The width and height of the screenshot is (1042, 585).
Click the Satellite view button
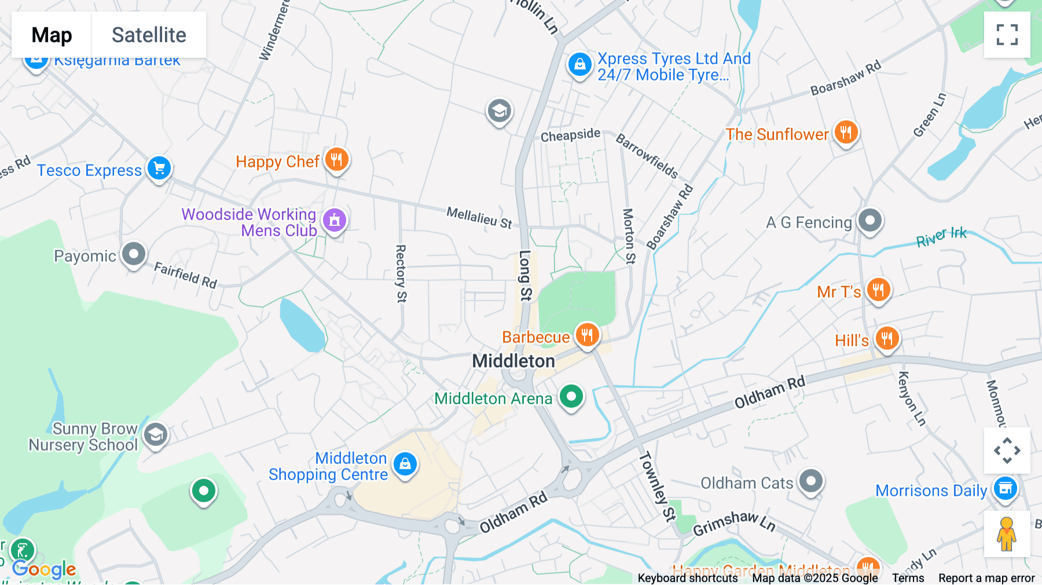(149, 35)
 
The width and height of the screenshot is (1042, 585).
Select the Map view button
(52, 35)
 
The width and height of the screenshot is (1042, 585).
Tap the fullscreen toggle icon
(1007, 35)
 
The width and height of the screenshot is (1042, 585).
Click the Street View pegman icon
(1007, 534)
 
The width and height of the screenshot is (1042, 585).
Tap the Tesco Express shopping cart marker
(159, 169)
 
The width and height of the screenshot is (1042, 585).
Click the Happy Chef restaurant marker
(336, 159)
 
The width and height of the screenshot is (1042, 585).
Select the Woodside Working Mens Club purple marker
(335, 220)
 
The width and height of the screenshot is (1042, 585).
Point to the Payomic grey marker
(134, 254)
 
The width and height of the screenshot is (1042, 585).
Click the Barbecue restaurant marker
(588, 335)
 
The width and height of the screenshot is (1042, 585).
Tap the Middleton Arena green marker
(571, 397)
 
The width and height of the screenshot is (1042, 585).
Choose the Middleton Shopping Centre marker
(405, 465)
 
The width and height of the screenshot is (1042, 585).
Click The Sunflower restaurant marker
(846, 133)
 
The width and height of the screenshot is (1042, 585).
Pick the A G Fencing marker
(869, 221)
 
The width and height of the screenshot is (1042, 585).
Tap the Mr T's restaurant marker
(878, 290)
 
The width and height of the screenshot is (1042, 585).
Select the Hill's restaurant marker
(887, 338)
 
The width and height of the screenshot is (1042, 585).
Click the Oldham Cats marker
(810, 481)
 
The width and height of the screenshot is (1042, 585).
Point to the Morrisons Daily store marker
(1006, 488)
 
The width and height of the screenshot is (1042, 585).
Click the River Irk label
(941, 236)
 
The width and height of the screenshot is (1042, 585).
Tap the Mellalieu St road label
(479, 218)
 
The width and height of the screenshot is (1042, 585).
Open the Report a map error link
(986, 578)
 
